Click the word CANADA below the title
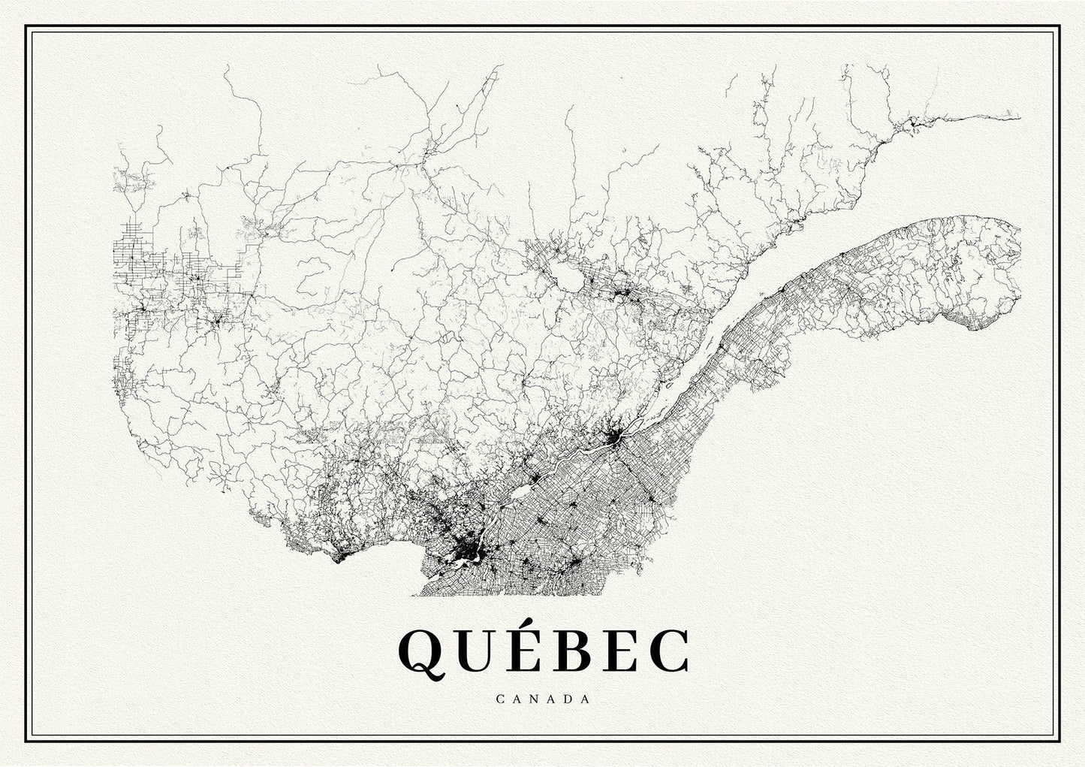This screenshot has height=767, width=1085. pyautogui.click(x=542, y=698)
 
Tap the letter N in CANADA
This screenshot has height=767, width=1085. pyautogui.click(x=532, y=698)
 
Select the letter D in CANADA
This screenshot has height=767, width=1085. pyautogui.click(x=565, y=698)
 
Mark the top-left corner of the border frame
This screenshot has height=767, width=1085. pyautogui.click(x=26, y=26)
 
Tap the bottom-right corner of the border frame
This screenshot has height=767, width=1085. pyautogui.click(x=1059, y=740)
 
